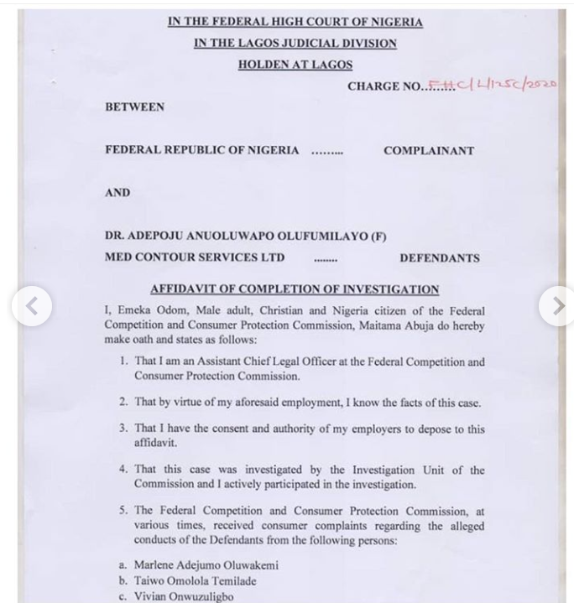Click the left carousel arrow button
click(x=31, y=306)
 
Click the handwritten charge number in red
click(x=493, y=85)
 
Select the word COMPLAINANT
click(x=429, y=151)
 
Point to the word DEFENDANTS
click(x=440, y=258)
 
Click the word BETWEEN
click(x=134, y=107)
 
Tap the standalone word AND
click(x=117, y=193)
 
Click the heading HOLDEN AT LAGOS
click(x=295, y=65)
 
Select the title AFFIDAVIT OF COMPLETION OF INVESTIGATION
click(x=295, y=289)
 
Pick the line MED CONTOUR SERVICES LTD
click(x=195, y=257)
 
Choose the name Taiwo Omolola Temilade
click(x=196, y=580)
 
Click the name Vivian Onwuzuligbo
click(x=184, y=596)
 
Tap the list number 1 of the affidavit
click(x=123, y=362)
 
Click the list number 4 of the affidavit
click(x=123, y=470)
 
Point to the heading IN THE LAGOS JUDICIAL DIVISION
click(x=295, y=44)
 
